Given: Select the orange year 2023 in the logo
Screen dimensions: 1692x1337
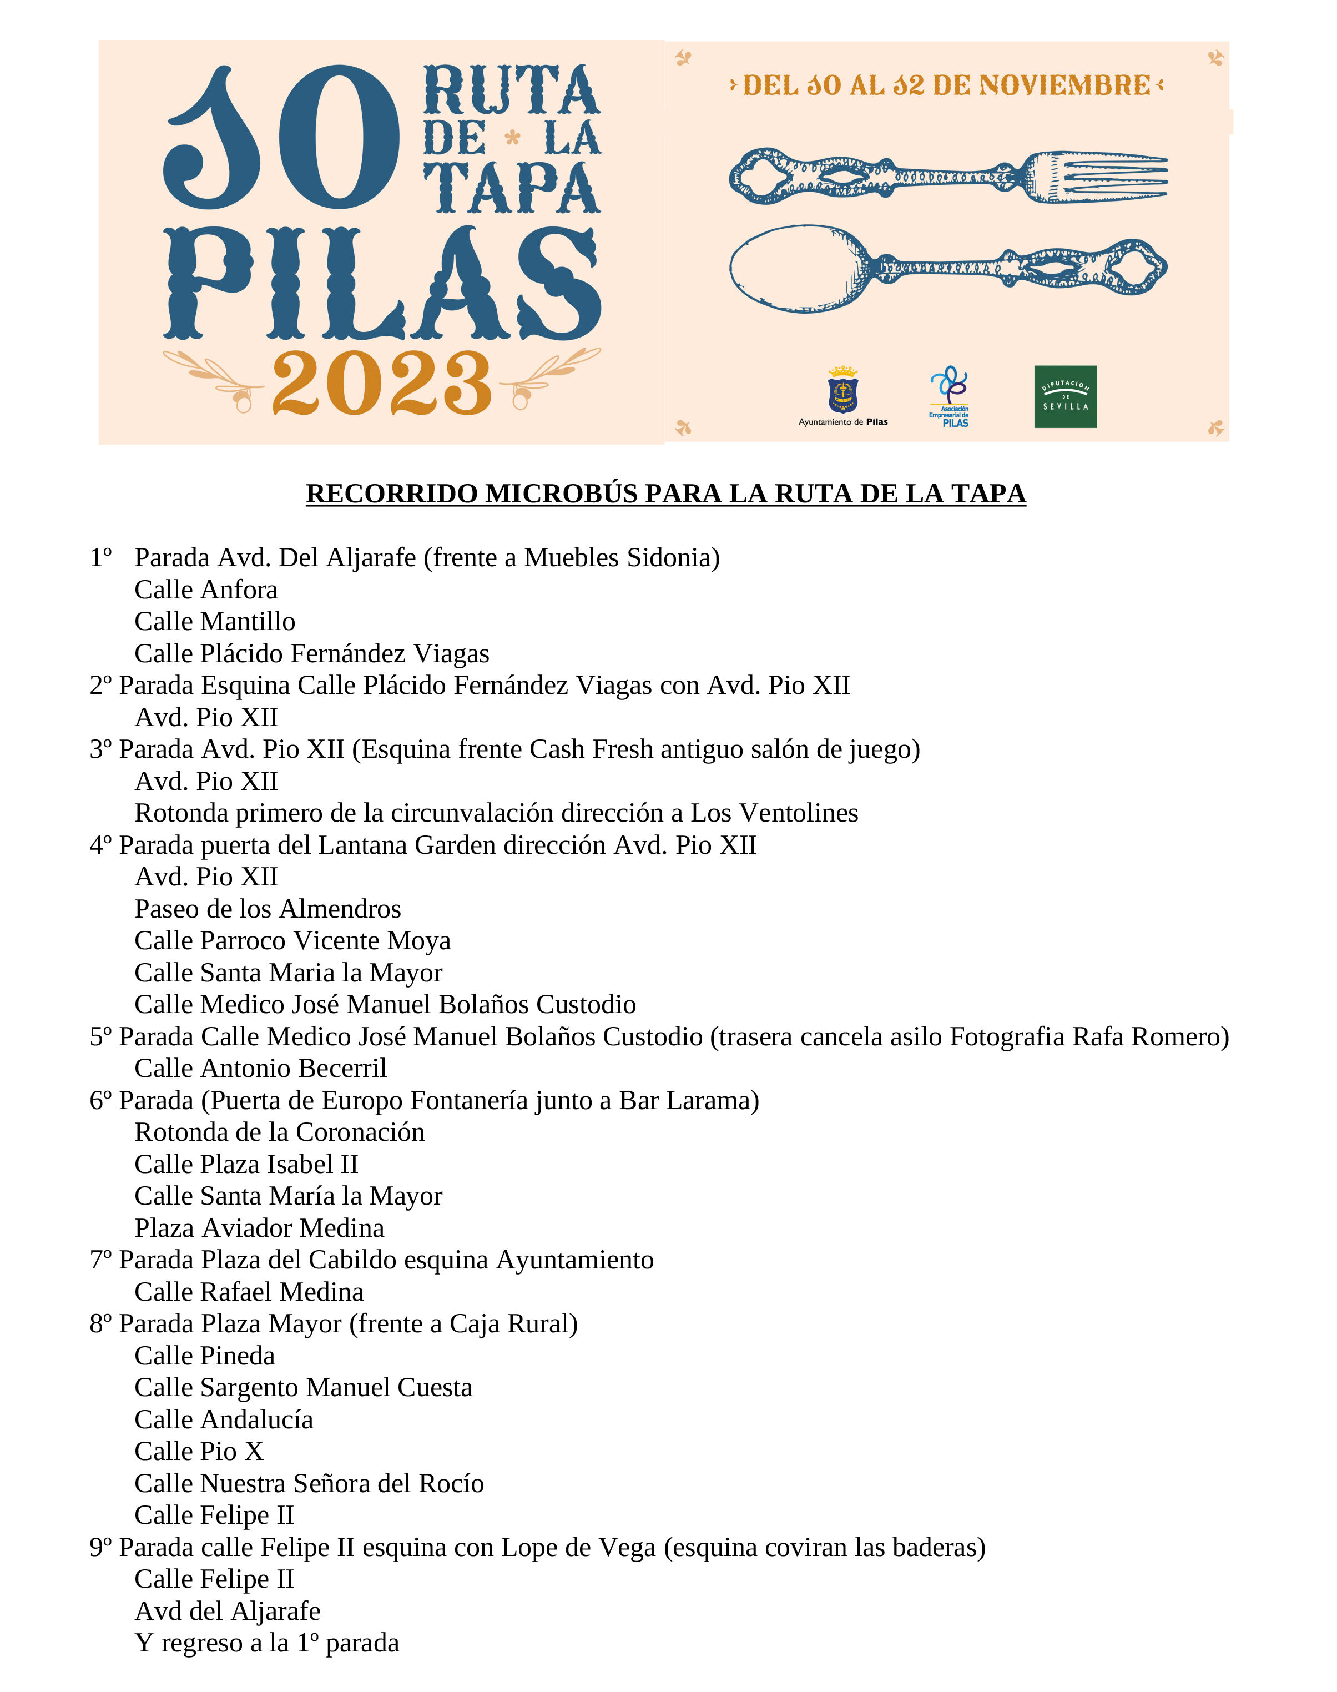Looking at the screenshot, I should click(x=381, y=383).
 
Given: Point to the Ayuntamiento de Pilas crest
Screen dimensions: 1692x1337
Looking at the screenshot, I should click(x=842, y=390).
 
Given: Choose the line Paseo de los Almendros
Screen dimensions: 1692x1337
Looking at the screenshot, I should click(x=268, y=909).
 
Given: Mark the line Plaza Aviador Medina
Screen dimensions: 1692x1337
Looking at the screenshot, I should click(x=259, y=1228).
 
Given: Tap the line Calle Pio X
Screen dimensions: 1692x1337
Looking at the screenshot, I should click(x=199, y=1452).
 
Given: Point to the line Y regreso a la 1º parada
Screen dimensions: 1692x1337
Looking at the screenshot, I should click(x=266, y=1643).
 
